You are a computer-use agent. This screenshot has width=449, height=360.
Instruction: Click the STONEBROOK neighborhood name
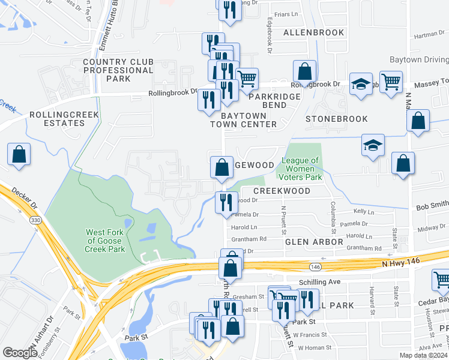(x=336, y=119)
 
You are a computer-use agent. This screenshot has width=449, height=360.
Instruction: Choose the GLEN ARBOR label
(x=314, y=242)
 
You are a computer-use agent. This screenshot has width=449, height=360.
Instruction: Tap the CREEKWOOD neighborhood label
(x=282, y=191)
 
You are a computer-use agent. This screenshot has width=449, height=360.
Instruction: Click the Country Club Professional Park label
(x=118, y=70)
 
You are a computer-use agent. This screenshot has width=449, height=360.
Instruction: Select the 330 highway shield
(x=37, y=220)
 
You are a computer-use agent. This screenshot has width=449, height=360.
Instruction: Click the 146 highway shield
(x=316, y=265)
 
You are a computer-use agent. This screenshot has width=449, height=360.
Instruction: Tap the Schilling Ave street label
(x=319, y=281)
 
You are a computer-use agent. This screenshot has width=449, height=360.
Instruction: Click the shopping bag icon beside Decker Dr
(x=19, y=154)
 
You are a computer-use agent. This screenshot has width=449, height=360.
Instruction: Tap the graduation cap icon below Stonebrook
(x=373, y=146)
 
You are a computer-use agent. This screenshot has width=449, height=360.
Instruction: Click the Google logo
(x=20, y=353)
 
